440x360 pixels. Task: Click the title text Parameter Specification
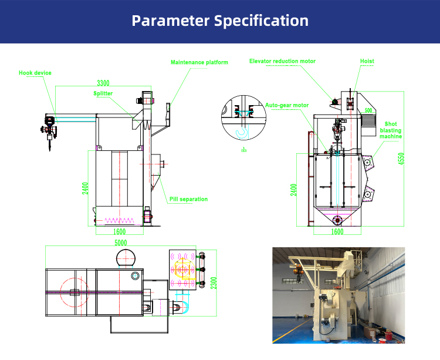click(x=220, y=21)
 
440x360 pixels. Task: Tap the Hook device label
click(x=35, y=73)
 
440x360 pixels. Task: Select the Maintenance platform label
click(x=199, y=62)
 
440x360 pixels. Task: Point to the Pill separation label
click(x=188, y=199)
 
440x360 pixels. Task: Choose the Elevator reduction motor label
click(x=282, y=61)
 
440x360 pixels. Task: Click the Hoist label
click(x=367, y=61)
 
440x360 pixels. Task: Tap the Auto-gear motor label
click(x=287, y=105)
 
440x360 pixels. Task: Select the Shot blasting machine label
click(x=390, y=130)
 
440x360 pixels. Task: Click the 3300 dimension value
click(x=103, y=83)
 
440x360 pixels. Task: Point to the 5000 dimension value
click(x=121, y=242)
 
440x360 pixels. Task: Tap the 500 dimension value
click(x=368, y=110)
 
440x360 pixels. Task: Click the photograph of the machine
click(x=339, y=295)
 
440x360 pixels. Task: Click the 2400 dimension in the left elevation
click(x=85, y=189)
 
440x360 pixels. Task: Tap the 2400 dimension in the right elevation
click(x=294, y=190)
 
